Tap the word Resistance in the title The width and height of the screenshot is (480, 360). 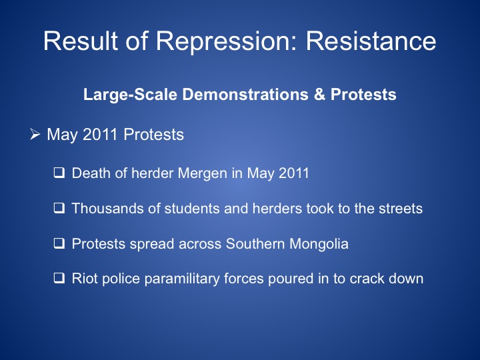371,41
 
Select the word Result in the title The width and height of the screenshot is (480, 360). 80,41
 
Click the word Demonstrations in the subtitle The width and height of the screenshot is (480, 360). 245,94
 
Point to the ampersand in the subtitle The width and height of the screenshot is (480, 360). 319,94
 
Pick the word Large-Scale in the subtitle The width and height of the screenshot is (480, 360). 130,95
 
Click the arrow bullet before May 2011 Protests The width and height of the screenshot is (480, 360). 35,135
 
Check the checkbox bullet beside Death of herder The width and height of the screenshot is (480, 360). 59,173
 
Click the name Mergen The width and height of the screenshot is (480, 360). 203,173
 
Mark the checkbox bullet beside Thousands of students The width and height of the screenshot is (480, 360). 59,208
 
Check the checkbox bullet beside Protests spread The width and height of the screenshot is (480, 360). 59,243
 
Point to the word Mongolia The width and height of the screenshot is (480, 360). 319,244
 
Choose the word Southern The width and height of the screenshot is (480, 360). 255,244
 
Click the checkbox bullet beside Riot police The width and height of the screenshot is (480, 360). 59,278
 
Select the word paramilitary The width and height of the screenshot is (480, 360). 182,279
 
